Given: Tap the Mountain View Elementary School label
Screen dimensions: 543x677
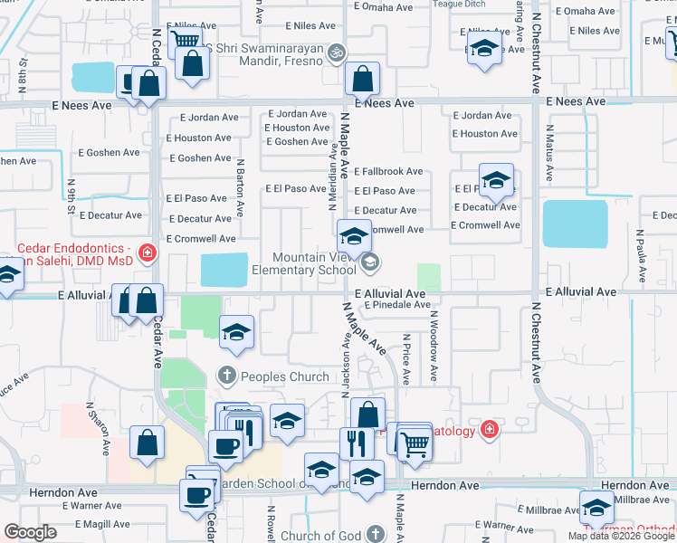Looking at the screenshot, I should point(315,263).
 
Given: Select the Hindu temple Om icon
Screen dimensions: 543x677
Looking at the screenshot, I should point(337,52).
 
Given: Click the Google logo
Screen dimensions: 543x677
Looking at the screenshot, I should point(31,532).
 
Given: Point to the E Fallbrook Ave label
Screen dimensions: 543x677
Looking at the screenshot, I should point(388,171).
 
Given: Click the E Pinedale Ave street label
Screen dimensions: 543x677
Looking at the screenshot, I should point(397,305).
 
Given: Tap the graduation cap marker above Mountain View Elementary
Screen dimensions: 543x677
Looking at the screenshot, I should point(353,237).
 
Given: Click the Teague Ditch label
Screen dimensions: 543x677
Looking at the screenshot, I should point(460,4).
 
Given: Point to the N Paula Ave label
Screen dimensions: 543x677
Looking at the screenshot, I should point(639,245).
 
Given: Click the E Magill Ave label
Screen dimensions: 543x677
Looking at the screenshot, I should point(102,524).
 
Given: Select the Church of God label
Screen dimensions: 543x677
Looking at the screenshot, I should point(320,536).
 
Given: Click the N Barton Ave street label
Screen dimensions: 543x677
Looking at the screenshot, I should point(241,186).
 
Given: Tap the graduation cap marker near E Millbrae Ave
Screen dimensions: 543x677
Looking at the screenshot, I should point(596,508).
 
